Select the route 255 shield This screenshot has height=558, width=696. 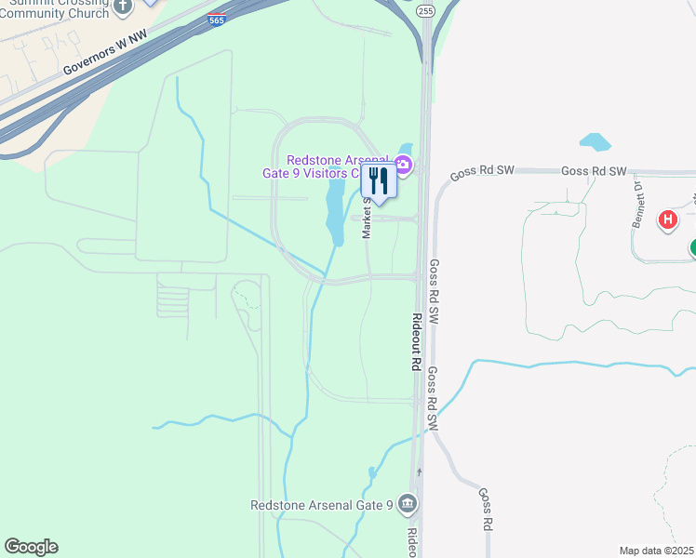[x=425, y=10]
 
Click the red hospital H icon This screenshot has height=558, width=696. [x=667, y=220]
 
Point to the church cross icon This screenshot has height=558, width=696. [x=125, y=6]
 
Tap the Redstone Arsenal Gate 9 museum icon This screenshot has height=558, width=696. [x=407, y=505]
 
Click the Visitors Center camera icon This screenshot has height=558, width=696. [x=403, y=166]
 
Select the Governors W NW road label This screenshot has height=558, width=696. [x=105, y=57]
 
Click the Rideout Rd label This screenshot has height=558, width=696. [x=418, y=342]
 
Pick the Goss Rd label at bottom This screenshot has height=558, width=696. [x=486, y=509]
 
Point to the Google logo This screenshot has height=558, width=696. [x=31, y=547]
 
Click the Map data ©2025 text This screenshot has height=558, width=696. [x=657, y=551]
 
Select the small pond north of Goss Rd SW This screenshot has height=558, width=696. [x=595, y=142]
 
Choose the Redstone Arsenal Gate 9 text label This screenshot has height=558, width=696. [x=322, y=505]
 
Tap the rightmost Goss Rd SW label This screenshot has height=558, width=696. [x=594, y=172]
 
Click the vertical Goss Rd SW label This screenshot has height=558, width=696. [x=434, y=291]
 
